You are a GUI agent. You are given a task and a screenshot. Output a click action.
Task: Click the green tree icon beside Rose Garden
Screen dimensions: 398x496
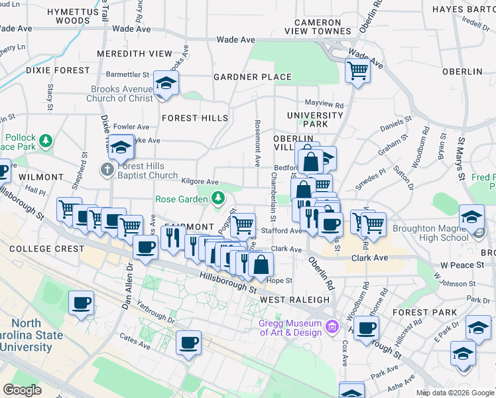click(x=217, y=198)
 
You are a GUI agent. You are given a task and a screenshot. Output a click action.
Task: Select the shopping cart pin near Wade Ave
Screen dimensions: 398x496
click(x=358, y=70)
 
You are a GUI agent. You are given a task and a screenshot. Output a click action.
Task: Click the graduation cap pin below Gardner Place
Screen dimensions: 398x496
click(x=165, y=84)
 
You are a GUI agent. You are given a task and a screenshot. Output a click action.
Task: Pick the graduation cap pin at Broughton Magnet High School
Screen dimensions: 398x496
click(x=471, y=217)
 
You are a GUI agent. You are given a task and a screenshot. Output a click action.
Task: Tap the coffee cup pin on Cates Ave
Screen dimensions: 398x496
click(x=189, y=343)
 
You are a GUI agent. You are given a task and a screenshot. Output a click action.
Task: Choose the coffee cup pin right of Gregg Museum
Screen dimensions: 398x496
click(x=366, y=328)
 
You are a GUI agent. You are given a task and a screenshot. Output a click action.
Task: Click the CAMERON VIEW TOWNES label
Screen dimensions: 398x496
click(x=313, y=27)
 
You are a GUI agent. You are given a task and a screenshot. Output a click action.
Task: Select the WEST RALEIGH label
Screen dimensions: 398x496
click(x=294, y=300)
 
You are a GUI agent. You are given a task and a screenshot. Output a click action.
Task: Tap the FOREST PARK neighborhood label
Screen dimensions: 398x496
click(x=433, y=312)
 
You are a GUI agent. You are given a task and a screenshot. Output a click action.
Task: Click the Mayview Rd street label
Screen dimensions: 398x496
click(x=324, y=105)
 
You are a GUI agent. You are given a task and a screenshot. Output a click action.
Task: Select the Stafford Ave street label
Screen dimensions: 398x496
click(x=286, y=232)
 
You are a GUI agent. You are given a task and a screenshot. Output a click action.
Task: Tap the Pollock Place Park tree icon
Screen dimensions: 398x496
click(x=46, y=140)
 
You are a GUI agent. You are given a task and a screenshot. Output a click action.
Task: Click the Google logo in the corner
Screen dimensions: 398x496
click(x=23, y=389)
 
